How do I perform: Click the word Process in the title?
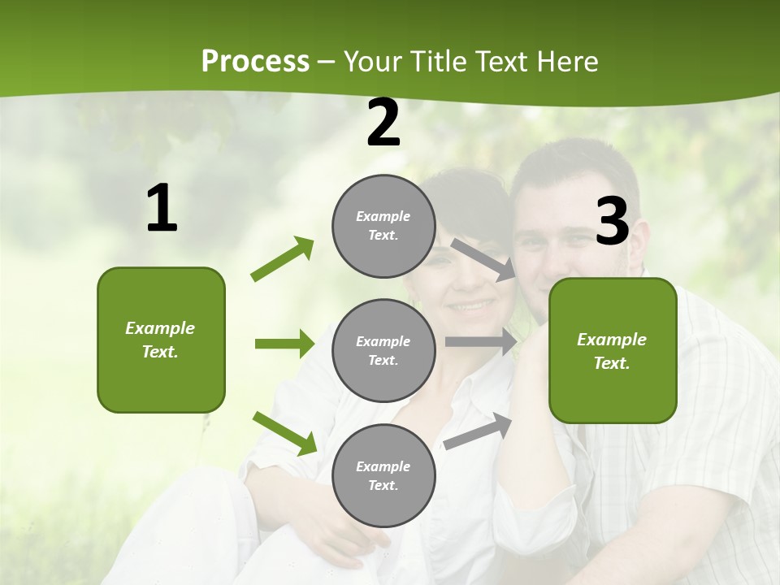pos(255,62)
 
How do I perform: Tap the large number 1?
pos(162,210)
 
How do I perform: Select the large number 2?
pos(383,123)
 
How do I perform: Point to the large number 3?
pos(612,222)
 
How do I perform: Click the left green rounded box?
pos(161,340)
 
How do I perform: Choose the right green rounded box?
pos(613,350)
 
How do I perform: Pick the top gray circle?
pos(383,226)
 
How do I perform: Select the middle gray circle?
pos(383,350)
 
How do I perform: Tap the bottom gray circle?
pos(383,475)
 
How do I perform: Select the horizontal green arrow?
pos(284,344)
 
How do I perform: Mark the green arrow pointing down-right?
pos(284,433)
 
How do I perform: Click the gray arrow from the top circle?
pos(484,259)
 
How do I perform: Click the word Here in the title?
pos(568,62)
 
